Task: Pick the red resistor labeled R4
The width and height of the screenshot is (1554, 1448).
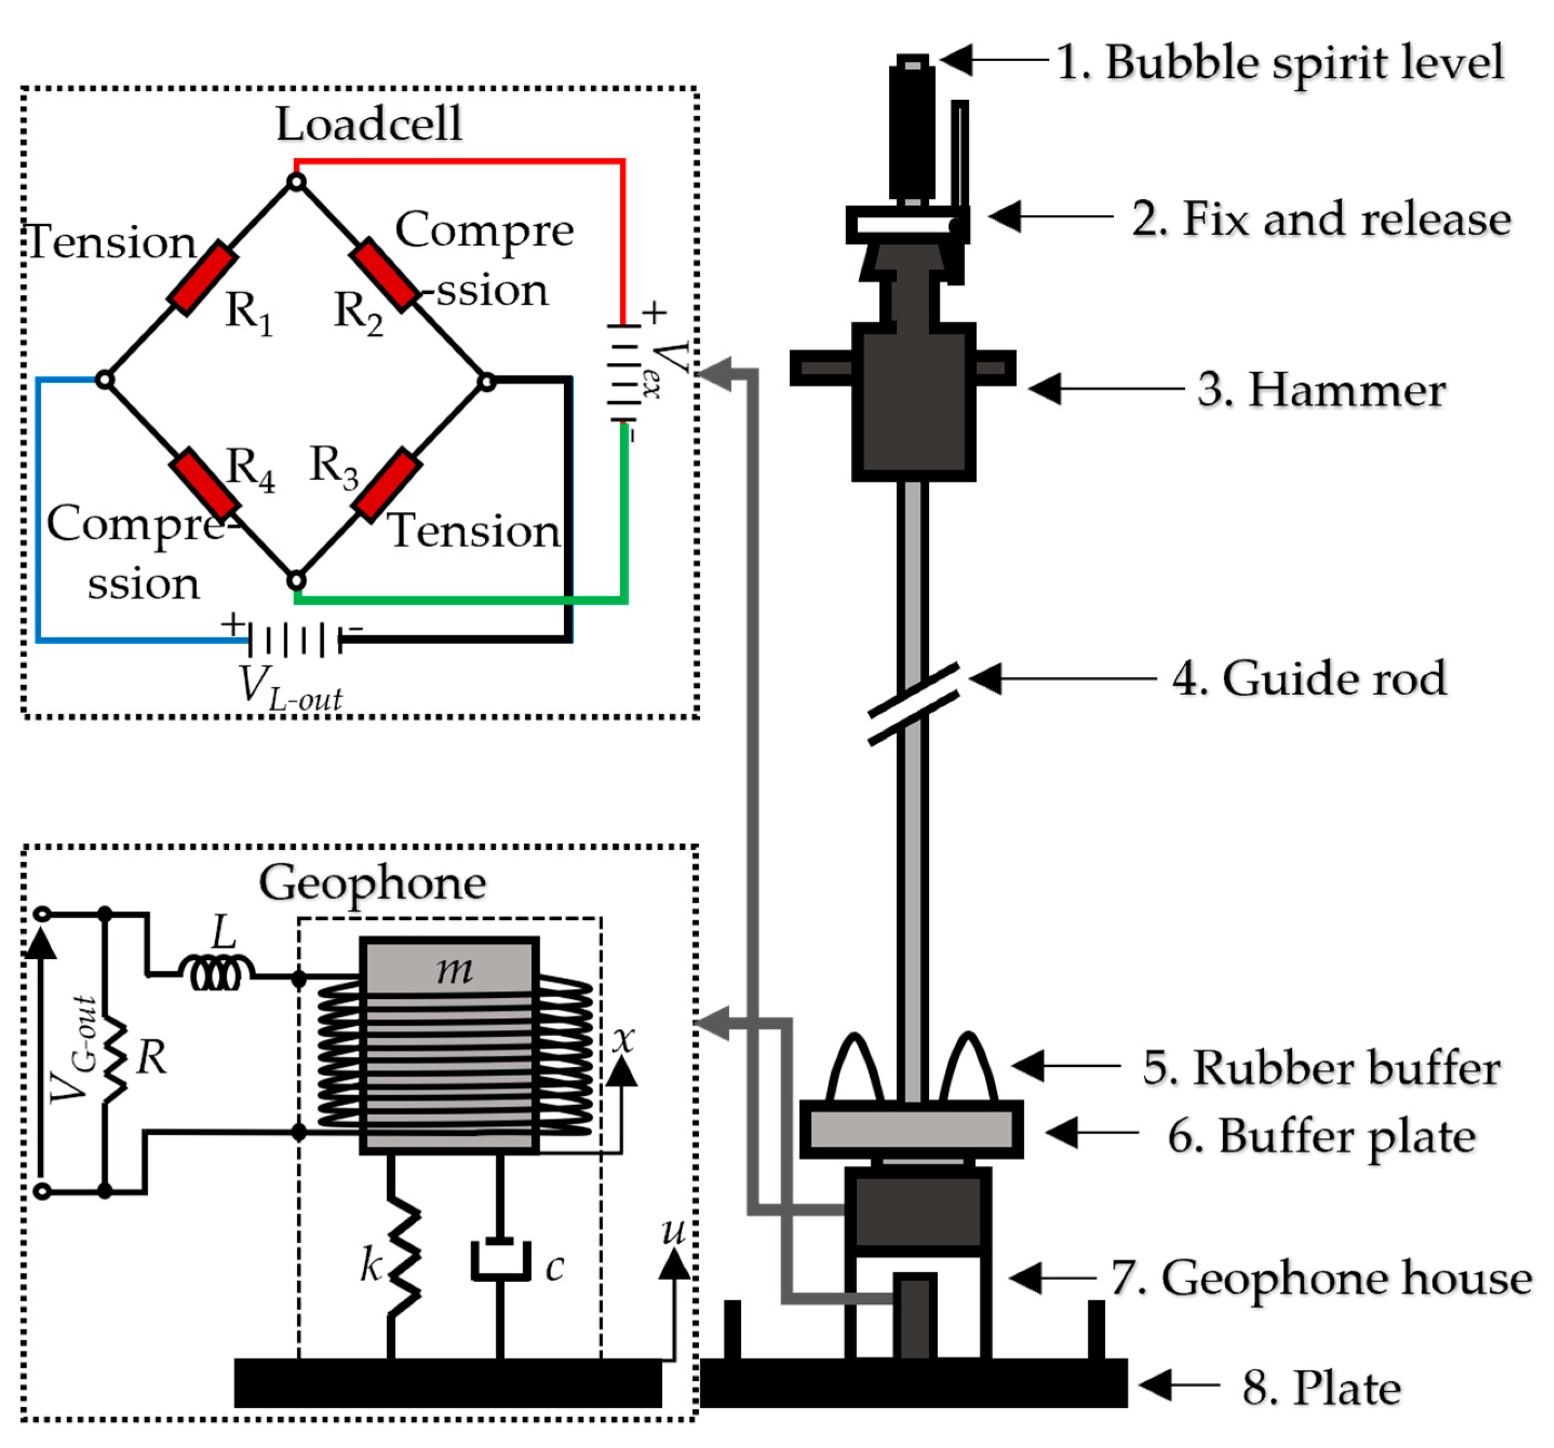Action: pos(205,484)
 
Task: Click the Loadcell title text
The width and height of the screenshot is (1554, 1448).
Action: pos(368,124)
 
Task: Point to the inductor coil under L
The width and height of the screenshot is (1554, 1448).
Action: pos(216,973)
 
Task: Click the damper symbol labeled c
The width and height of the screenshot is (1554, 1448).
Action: pos(500,1259)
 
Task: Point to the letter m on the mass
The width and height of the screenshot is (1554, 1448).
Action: pos(453,969)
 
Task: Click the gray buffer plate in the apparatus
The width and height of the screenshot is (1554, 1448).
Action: pos(911,1130)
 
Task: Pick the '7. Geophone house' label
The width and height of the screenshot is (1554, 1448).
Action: pos(1320,1278)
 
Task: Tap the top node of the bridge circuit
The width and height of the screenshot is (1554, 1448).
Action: pos(296,182)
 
